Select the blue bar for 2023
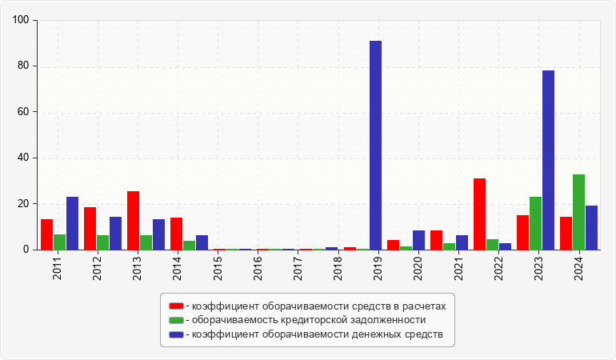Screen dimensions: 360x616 tap(548, 160)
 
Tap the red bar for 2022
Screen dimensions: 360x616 tap(479, 214)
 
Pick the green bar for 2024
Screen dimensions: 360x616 tap(578, 212)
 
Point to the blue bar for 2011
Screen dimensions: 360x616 tap(72, 223)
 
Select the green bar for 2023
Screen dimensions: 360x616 tap(535, 223)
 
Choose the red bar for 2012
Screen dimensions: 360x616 tap(90, 229)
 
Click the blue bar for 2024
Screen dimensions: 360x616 tap(591, 228)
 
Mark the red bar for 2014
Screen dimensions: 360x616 tap(176, 234)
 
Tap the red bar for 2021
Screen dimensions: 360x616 tap(436, 240)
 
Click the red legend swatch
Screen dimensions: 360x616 tap(176, 306)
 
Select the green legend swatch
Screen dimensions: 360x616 tap(176, 320)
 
